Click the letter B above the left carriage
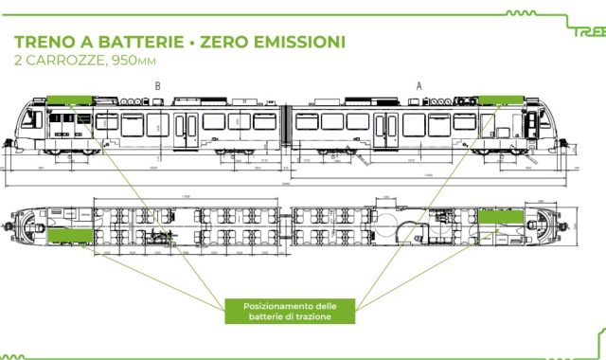pos(158,85)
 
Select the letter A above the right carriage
pos(419,85)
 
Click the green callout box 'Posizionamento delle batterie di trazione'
pos(289,311)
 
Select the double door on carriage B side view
pos(187,129)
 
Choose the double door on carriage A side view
pos(386,129)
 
